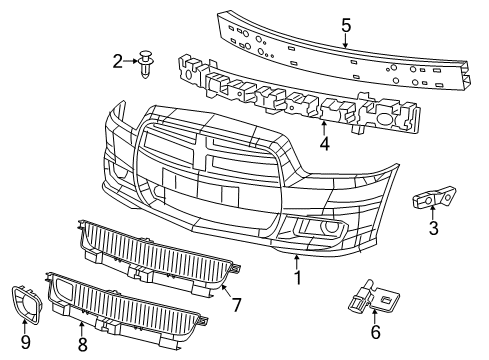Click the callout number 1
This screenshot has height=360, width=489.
click(297, 275)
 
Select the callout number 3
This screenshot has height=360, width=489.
click(432, 229)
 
